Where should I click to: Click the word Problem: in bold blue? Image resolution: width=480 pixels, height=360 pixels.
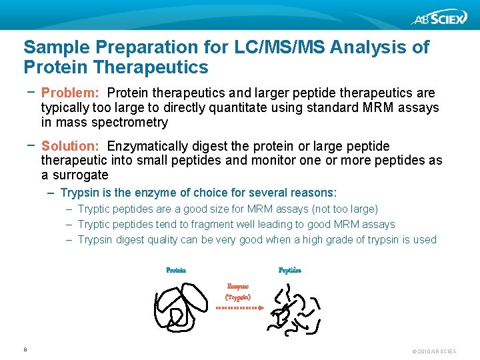(x=70, y=93)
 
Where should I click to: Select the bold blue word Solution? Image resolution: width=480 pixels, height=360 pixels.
(x=70, y=146)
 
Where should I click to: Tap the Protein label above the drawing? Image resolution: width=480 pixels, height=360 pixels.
(x=176, y=271)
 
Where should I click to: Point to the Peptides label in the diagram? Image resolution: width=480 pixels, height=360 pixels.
(x=290, y=271)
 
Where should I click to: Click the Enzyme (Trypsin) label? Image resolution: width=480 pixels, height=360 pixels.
(x=238, y=291)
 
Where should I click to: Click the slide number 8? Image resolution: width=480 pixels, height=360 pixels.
(x=25, y=349)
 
